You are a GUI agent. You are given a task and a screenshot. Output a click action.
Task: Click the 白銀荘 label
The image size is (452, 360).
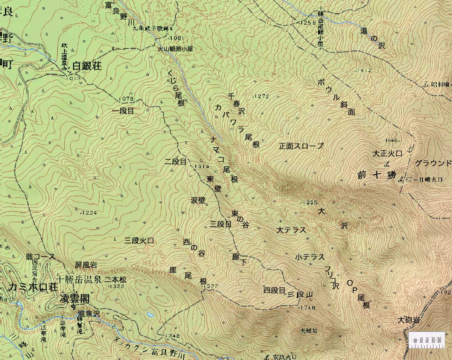(87, 66)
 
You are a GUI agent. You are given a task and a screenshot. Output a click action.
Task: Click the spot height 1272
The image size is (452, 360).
(262, 97)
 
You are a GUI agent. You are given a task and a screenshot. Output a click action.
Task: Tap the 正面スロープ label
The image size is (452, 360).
(301, 146)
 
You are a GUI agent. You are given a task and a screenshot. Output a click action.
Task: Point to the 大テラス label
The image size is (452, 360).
(291, 230)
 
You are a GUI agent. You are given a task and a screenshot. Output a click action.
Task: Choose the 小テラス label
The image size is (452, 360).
(310, 257)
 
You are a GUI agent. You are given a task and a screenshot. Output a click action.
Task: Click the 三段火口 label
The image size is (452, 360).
(139, 241)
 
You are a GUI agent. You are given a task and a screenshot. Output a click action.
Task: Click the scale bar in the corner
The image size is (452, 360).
(427, 340)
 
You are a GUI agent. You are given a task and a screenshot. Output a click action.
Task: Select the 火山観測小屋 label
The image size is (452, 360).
(175, 48)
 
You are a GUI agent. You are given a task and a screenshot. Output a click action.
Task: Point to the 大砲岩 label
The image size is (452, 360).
(408, 319)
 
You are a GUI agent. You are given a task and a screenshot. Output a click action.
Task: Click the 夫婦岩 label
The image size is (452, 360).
(309, 330)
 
